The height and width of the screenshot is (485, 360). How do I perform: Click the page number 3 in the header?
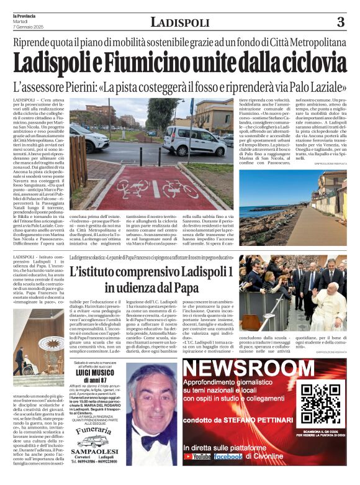(x=340, y=22)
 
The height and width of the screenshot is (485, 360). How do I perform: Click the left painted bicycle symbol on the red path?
(x=132, y=187)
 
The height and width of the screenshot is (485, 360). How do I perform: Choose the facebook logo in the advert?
(x=228, y=456)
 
